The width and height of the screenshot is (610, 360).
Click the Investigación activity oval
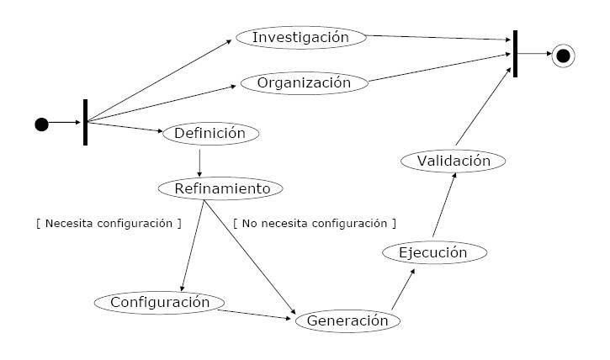300,37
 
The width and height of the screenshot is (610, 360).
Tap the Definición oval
210,133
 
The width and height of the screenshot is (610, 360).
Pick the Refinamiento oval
222,188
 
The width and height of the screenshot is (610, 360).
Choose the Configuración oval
159,301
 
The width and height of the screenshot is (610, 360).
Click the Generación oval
347,320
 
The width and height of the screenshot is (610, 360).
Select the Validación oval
454,161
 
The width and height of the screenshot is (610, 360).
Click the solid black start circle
41,124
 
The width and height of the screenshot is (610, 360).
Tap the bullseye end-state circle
563,56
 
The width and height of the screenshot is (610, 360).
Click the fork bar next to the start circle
85,122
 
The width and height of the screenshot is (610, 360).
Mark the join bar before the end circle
514,54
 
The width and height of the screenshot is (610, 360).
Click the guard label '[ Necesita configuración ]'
109,224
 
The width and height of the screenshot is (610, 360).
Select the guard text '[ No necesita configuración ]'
314,224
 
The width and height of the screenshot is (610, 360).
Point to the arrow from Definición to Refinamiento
199,161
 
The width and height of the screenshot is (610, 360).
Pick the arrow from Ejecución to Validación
443,206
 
